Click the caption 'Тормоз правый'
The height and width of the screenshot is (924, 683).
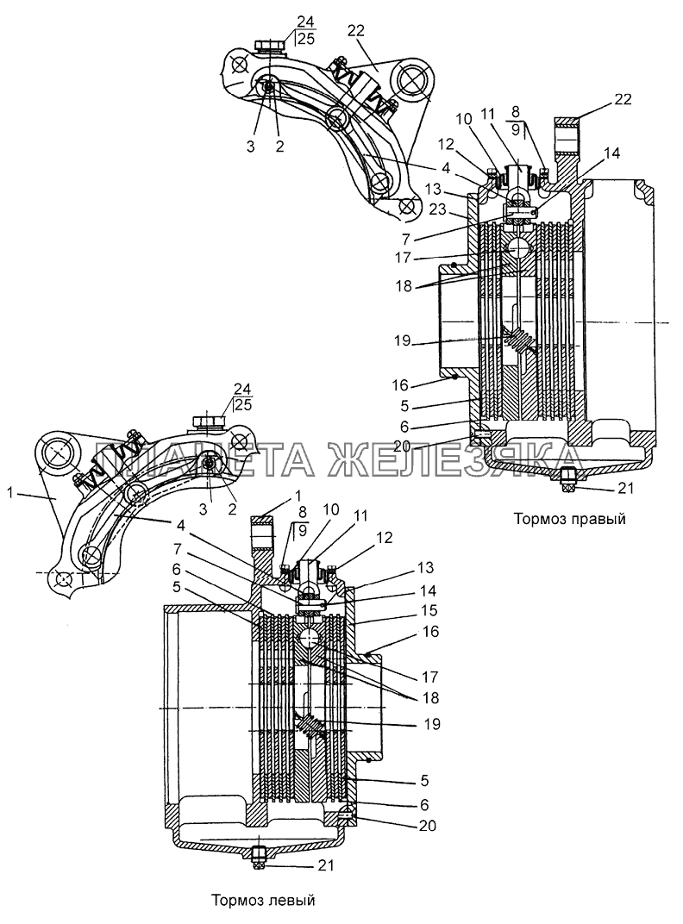(x=567, y=519)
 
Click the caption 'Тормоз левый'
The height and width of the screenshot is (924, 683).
(x=263, y=901)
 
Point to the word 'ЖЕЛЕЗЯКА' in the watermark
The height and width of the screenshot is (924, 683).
(x=448, y=461)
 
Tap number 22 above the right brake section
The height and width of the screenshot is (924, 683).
(x=622, y=101)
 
